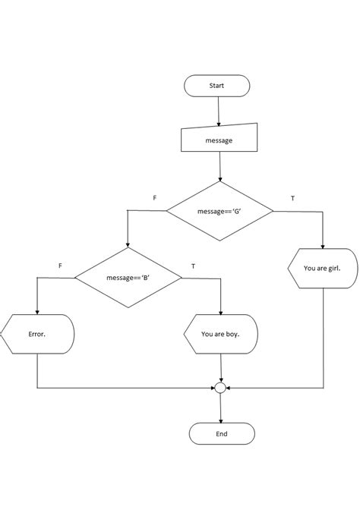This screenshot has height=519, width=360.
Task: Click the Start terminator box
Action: [216, 86]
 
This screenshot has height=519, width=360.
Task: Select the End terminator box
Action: [222, 434]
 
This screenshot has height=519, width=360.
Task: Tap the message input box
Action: [219, 140]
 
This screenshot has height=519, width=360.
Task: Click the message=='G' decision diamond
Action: [219, 211]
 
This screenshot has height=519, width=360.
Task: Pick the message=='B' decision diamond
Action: [128, 278]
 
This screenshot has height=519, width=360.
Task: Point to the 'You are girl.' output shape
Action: [323, 268]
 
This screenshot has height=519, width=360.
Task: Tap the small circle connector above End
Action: [220, 388]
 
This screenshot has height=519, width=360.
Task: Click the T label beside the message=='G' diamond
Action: [293, 198]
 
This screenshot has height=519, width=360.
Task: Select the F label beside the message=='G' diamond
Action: [155, 198]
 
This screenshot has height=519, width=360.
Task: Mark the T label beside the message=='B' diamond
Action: [193, 266]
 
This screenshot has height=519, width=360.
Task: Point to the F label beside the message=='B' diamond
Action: [60, 266]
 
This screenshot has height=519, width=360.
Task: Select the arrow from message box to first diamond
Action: [219, 166]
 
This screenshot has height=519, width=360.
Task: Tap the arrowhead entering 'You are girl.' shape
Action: [323, 245]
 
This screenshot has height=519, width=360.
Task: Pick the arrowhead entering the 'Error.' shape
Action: [37, 311]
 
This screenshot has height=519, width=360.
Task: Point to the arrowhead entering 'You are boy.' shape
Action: [220, 311]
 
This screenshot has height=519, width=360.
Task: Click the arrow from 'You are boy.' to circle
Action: [220, 367]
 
